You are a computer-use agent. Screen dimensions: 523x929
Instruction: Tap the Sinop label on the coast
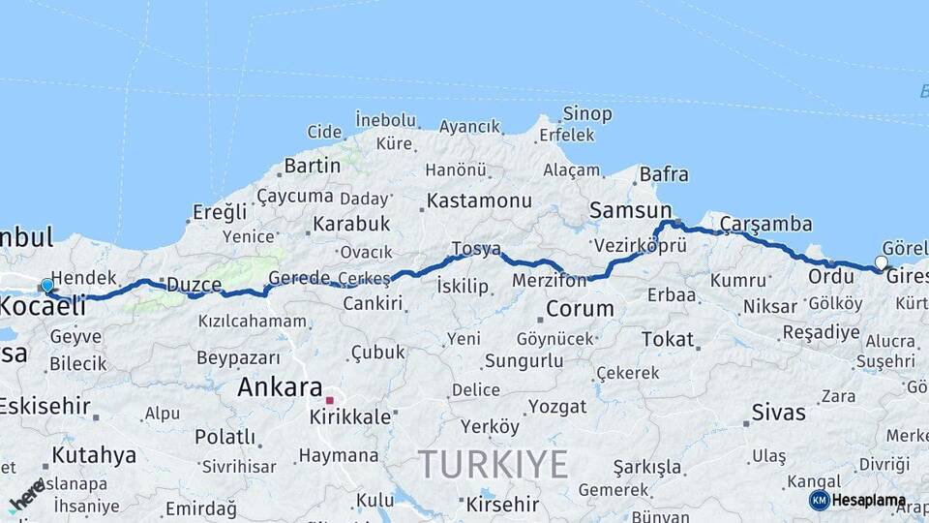coord(587,114)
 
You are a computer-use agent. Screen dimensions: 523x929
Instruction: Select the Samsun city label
coord(630,210)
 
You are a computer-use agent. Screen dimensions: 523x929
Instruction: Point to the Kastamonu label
coord(479,201)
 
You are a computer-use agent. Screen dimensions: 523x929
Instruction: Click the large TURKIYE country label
coord(494,465)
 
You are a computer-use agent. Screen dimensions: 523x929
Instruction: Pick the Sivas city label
coord(780,412)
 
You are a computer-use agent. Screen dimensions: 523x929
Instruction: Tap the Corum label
coord(580,309)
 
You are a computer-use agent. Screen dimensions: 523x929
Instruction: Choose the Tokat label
coord(668,340)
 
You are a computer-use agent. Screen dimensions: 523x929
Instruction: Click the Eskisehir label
coord(45,406)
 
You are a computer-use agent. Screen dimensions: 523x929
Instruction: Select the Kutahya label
coord(93,455)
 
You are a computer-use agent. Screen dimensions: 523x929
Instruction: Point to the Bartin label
coord(313,166)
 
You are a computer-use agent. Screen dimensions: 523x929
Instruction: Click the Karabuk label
coord(351,224)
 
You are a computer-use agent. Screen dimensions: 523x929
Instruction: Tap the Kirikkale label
coord(350,417)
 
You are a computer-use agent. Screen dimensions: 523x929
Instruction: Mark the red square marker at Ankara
coord(329,400)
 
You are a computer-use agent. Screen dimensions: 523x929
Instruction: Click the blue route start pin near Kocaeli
coord(46,286)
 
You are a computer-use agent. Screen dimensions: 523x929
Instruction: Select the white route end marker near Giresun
coord(881,262)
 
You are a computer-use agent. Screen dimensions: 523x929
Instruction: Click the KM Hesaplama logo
coord(857,501)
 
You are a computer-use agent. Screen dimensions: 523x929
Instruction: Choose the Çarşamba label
coord(765,224)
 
